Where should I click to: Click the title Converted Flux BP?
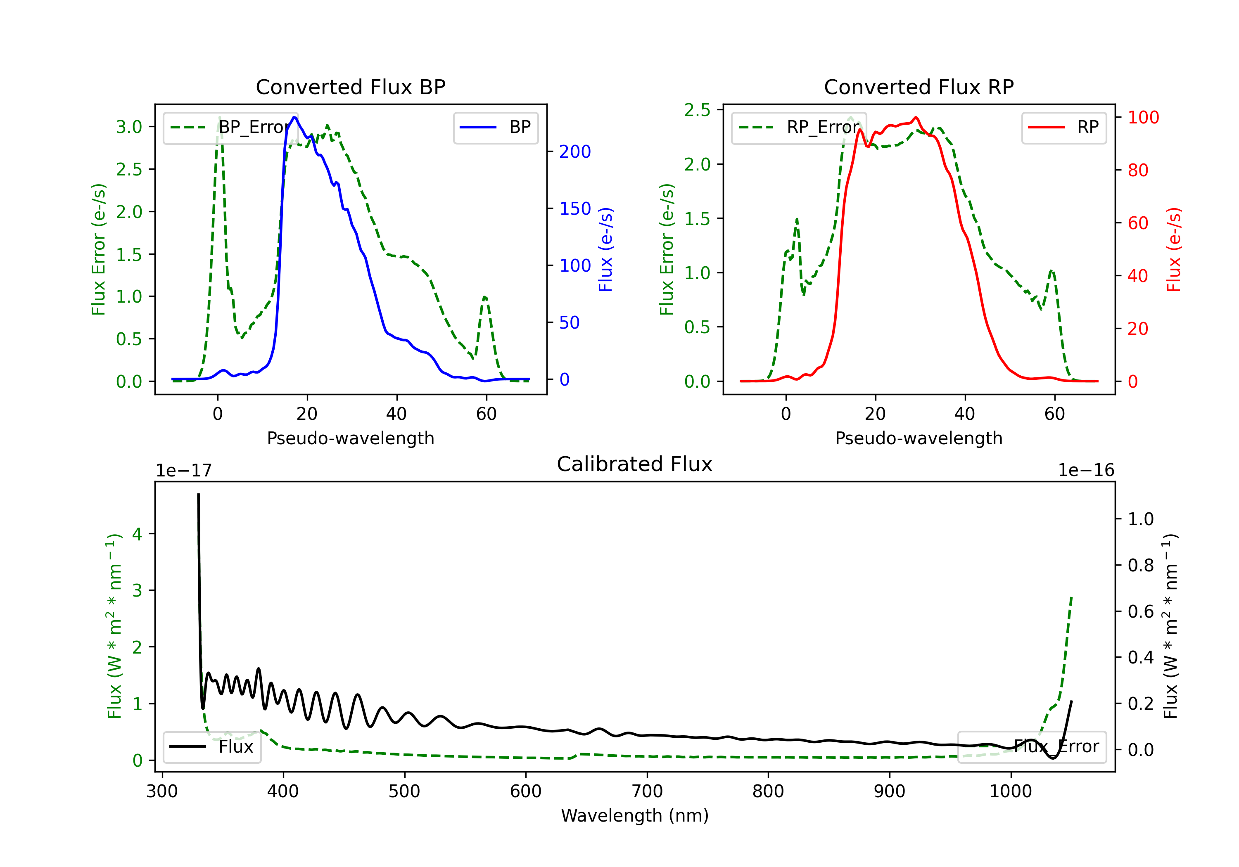coord(350,87)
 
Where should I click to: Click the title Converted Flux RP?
coord(919,87)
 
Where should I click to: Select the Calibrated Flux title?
coord(635,464)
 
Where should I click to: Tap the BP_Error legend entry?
coord(230,127)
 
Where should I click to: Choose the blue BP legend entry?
coord(495,127)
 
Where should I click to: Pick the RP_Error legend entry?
coord(799,127)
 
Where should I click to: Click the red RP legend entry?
coord(1063,127)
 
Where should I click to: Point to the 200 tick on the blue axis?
coord(575,152)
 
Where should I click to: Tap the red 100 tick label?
coord(1144,118)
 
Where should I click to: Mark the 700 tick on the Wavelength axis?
coord(647,791)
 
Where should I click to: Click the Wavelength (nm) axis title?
coord(635,816)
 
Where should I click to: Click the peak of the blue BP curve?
coord(294,117)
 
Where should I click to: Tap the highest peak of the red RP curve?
coord(916,117)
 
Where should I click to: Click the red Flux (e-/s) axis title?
coord(1174,250)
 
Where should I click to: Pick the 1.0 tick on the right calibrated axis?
coord(1141,519)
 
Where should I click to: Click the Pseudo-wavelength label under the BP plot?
coord(351,438)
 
